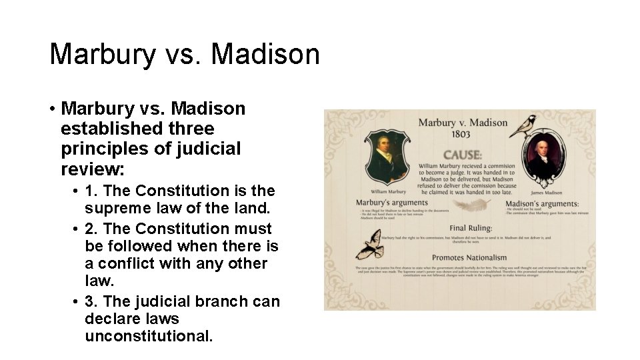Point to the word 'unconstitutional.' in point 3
(149, 336)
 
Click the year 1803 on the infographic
(462, 135)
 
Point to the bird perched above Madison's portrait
(524, 125)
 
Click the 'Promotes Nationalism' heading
(469, 257)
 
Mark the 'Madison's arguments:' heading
(541, 203)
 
